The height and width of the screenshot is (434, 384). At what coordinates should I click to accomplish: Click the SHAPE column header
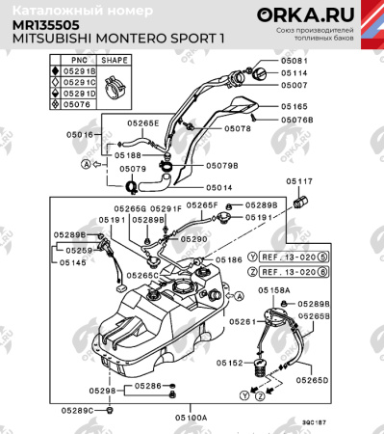pos(115,58)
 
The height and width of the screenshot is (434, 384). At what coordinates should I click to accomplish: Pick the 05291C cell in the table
pos(80,82)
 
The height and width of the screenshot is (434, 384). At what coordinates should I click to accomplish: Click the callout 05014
pos(219,188)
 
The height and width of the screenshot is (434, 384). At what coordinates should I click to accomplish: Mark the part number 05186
pos(228,260)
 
